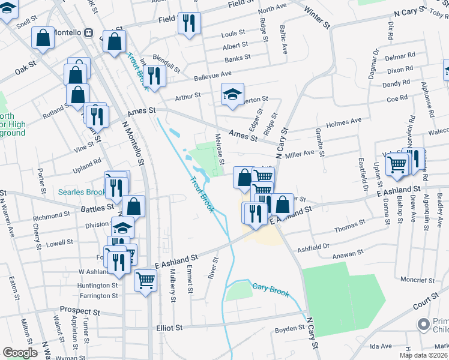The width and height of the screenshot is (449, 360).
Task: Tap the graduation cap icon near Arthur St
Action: coord(232,94)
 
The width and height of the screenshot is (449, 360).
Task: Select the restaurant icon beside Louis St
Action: coord(189,23)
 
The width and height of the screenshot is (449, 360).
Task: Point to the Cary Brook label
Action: coord(271,290)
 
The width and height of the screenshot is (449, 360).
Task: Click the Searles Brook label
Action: coord(82,193)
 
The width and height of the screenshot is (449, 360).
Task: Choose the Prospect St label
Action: coord(79,312)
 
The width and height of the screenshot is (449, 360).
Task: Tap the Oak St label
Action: coord(26,70)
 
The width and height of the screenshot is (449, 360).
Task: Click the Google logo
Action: coord(20,353)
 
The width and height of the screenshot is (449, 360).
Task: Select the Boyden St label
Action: coord(290,329)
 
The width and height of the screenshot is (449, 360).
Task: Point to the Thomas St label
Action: coord(350,229)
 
